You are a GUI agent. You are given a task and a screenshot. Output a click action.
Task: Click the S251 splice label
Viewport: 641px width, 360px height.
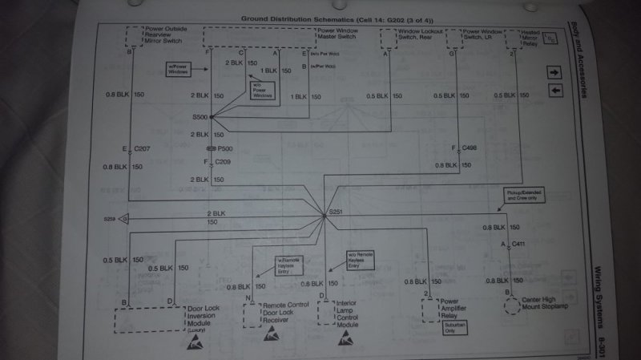tap(337, 212)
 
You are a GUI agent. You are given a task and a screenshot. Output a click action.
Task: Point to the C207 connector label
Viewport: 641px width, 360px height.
tap(142, 149)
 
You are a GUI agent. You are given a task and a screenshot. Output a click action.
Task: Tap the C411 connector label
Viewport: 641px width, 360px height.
tap(520, 243)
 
